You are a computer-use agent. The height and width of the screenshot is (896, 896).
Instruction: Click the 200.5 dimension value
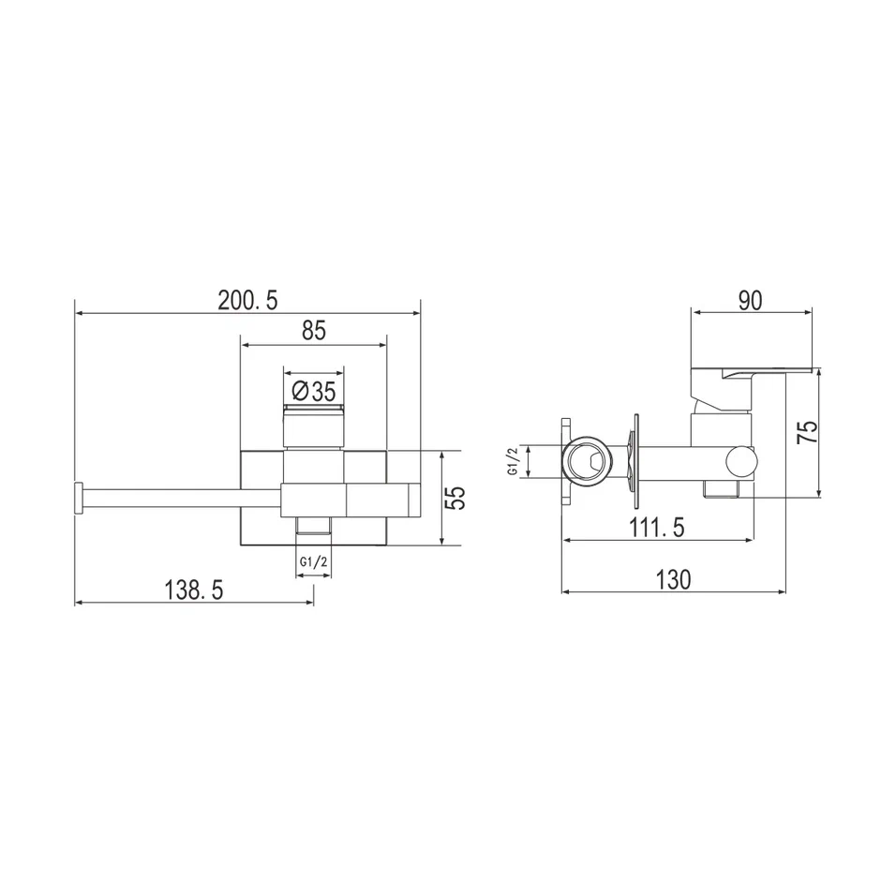(x=247, y=300)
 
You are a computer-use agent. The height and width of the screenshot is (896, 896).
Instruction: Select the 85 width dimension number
(x=314, y=331)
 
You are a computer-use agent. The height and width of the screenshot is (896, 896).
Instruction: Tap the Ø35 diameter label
(x=314, y=392)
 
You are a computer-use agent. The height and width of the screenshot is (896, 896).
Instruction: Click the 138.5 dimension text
(x=194, y=590)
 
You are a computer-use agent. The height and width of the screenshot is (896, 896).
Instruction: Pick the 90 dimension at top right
(x=751, y=301)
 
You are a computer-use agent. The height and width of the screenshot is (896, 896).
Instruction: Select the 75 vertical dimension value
(x=807, y=432)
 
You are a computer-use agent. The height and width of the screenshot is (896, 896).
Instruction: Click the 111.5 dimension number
(x=657, y=528)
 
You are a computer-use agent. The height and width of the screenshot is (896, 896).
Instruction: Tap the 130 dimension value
(x=674, y=579)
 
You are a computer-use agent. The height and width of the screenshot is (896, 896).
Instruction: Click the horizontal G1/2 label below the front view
(x=314, y=561)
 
